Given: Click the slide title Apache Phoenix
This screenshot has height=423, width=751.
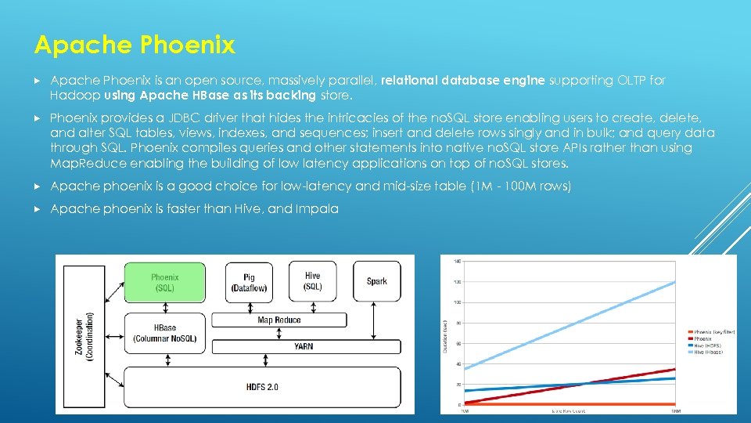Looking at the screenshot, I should point(134,45).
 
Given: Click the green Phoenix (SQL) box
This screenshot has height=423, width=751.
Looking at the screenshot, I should point(164,283).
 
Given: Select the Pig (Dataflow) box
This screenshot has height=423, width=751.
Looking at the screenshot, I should point(250,283).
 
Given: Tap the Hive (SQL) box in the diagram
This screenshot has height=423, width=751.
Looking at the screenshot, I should point(313,281).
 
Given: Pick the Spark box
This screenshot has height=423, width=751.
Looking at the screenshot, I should point(376,281).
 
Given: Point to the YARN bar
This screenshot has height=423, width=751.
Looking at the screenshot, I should point(304,345).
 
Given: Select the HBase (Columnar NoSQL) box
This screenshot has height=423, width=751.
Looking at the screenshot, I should point(165,333).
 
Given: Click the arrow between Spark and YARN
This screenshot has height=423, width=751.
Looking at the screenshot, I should point(377,321).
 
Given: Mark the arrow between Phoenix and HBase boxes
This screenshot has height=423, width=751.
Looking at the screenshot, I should point(165,308).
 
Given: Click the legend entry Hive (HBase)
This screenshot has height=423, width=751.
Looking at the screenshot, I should point(708,352).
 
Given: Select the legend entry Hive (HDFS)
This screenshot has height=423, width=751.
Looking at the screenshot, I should point(707,345).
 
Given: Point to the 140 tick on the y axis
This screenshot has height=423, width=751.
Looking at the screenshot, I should point(457,261).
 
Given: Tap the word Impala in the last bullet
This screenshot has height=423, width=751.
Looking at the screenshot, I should point(317,208).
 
